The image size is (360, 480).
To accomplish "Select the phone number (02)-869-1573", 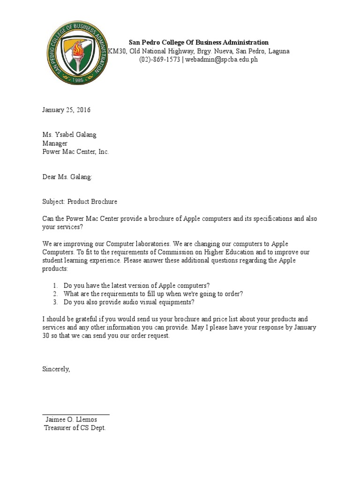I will (x=159, y=60).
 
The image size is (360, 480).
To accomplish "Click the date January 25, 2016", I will (x=66, y=110).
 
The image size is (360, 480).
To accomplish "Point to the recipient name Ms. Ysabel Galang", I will (x=69, y=135).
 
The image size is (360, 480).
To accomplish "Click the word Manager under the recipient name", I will (x=55, y=143).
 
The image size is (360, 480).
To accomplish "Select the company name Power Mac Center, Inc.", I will (x=75, y=152).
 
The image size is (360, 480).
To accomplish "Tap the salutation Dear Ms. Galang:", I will (x=67, y=177).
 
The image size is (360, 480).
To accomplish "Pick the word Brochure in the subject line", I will (x=104, y=202).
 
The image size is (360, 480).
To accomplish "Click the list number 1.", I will (x=55, y=285).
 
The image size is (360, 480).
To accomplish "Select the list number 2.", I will (x=55, y=294).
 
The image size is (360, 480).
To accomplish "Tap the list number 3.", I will (x=55, y=302).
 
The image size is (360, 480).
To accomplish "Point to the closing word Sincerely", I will (x=56, y=369).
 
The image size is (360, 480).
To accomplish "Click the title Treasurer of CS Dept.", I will (x=75, y=428).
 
